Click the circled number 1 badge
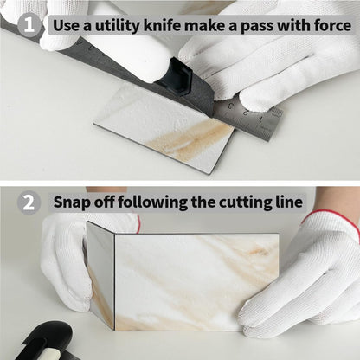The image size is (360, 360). (x=29, y=25)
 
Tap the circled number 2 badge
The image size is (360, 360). (x=29, y=202)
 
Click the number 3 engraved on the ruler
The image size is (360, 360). (x=231, y=106)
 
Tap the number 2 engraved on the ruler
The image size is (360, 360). (x=246, y=112)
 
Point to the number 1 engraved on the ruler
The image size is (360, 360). (x=261, y=119)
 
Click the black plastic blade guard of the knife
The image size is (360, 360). (x=177, y=76)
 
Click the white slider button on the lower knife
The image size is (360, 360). (x=48, y=351)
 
